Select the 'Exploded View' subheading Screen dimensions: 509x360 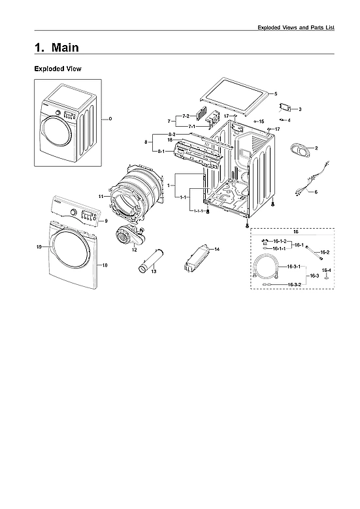pos(57,69)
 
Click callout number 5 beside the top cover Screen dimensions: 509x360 pos(276,94)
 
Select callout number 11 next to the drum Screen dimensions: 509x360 pos(101,196)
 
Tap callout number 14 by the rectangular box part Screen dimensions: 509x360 pos(217,250)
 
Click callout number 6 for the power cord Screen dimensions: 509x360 pos(316,192)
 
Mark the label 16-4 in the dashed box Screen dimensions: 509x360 pos(327,270)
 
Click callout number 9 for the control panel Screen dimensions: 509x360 pos(105,221)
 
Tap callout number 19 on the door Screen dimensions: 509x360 pos(39,247)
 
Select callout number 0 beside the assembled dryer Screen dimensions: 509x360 pos(110,118)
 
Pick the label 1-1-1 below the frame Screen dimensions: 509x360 pos(197,210)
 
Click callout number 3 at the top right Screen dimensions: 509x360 pos(300,109)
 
